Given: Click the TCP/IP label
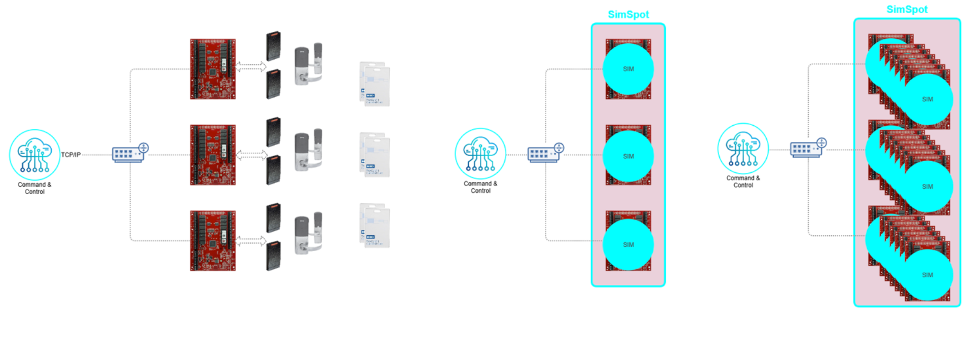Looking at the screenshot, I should click(x=71, y=155).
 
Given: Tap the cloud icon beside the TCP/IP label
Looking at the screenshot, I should click(x=34, y=154).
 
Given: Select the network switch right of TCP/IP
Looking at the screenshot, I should click(x=130, y=153).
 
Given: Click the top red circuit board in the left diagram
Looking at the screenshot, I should click(x=213, y=69).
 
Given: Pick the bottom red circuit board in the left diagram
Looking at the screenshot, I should click(x=213, y=241).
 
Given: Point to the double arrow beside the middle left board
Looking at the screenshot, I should click(x=251, y=155).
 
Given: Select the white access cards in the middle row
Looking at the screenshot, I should click(x=375, y=155).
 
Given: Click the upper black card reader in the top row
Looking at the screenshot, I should click(x=274, y=46).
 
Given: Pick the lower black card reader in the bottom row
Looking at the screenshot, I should click(x=274, y=256).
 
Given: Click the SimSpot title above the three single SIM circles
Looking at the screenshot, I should click(x=628, y=15).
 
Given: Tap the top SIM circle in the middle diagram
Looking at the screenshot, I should click(x=628, y=69).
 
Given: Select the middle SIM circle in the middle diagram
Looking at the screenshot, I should click(x=628, y=156).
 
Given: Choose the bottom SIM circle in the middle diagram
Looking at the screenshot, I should click(x=628, y=244).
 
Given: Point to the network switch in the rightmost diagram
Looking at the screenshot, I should click(x=808, y=148).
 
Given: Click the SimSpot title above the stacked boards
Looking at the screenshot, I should click(x=907, y=10).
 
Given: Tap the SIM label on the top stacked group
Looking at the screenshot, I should click(x=927, y=99).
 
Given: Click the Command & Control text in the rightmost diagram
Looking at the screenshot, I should click(x=743, y=182).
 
